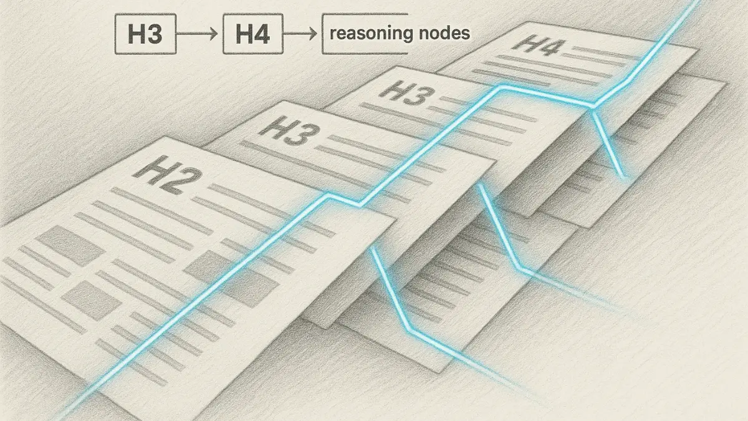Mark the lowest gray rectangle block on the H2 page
click(x=92, y=297)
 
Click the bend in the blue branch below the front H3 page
click(x=521, y=269)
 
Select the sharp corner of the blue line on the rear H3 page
click(x=499, y=88)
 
